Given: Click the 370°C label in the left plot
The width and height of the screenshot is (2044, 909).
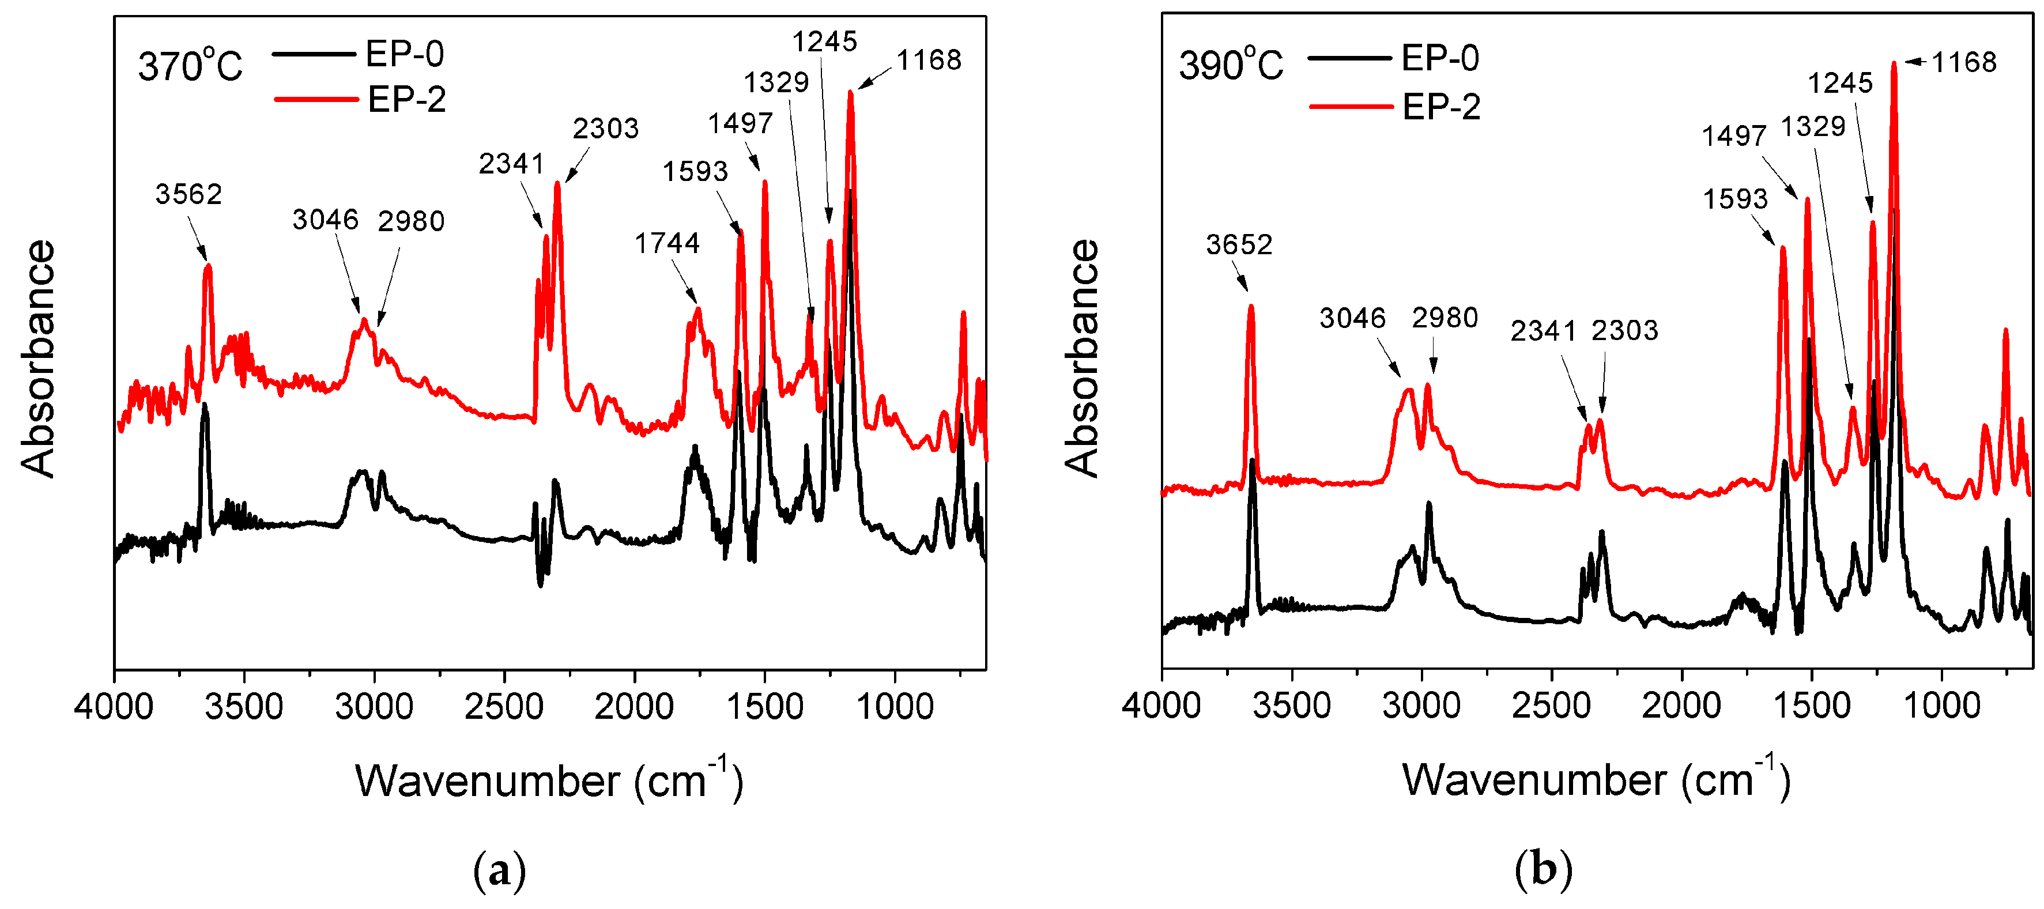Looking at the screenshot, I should coord(190,66).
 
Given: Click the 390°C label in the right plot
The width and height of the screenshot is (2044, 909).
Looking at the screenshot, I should coord(1230,65).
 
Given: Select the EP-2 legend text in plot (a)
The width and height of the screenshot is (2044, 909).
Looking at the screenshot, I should coord(406,100).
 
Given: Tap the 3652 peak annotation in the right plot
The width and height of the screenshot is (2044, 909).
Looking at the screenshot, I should coord(1239,244).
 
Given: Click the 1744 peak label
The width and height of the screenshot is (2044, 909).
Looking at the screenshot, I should coord(666,243).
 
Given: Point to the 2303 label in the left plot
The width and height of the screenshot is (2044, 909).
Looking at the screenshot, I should coord(605,128).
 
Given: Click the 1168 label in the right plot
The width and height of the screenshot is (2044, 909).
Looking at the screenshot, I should coord(1963,62).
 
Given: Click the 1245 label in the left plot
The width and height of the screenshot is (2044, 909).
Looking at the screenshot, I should coord(824,42).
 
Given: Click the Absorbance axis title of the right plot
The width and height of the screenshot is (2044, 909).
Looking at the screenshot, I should coord(1081,359).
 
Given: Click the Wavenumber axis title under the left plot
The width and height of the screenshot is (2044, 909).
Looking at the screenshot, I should coord(548,780).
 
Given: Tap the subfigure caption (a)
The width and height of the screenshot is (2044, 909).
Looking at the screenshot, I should coord(499,872).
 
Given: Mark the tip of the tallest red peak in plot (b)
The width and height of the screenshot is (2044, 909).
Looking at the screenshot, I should coord(1894,63).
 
